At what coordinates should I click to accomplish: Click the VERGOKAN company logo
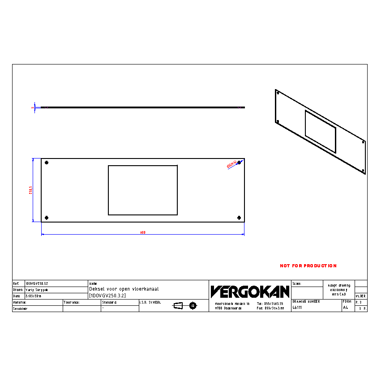click(250, 292)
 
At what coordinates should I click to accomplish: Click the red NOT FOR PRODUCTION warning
click(308, 266)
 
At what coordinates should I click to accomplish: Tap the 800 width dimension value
click(143, 232)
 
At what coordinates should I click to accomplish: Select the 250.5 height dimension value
click(30, 190)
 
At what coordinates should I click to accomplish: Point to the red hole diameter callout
click(232, 164)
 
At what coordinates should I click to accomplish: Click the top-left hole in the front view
click(47, 163)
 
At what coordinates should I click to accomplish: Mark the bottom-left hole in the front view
click(47, 218)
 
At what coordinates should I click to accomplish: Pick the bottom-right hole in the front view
click(239, 218)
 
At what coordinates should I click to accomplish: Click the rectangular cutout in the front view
click(143, 190)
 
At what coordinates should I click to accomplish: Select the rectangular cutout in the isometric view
click(320, 131)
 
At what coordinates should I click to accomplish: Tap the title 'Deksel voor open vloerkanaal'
click(124, 289)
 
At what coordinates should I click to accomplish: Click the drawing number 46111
click(297, 308)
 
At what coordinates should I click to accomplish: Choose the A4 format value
click(345, 308)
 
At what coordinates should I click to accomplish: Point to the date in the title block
click(33, 296)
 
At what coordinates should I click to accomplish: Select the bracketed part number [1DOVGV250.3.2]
click(107, 296)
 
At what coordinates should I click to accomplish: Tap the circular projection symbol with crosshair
click(193, 306)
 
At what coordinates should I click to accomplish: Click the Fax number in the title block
click(270, 308)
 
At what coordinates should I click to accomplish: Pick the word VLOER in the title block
click(360, 296)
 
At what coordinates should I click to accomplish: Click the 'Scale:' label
click(297, 284)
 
